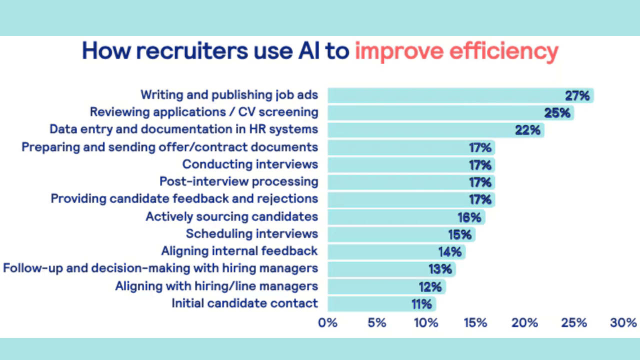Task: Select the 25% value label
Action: pyautogui.click(x=557, y=112)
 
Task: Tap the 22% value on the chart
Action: pyautogui.click(x=528, y=130)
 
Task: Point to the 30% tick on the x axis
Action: pyautogui.click(x=623, y=323)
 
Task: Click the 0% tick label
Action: pyautogui.click(x=328, y=323)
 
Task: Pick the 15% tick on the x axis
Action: pyautogui.click(x=475, y=323)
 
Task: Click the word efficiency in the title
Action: pyautogui.click(x=507, y=51)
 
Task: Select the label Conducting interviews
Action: pyautogui.click(x=250, y=164)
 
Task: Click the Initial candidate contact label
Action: pyautogui.click(x=244, y=303)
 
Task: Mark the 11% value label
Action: pyautogui.click(x=421, y=303)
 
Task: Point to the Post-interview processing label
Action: pyautogui.click(x=238, y=181)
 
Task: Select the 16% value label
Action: pyautogui.click(x=469, y=217)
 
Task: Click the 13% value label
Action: pyautogui.click(x=440, y=269)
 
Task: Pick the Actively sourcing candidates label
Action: pyautogui.click(x=231, y=216)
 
